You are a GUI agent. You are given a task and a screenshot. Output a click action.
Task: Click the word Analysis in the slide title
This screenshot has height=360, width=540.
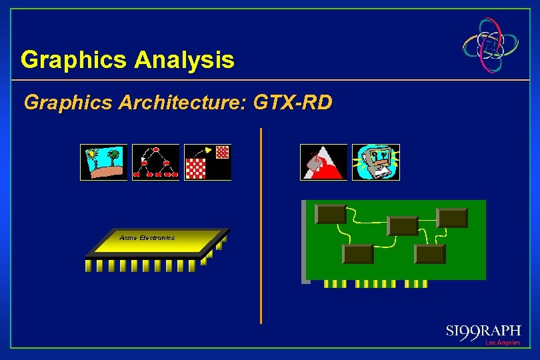pos(184,60)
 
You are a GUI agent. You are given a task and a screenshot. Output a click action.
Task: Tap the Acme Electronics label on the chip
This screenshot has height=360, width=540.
pos(147,237)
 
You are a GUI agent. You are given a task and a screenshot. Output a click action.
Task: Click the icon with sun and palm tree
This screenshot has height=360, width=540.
pos(103,162)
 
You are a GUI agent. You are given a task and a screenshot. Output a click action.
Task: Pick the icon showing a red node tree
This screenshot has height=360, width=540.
pos(155,162)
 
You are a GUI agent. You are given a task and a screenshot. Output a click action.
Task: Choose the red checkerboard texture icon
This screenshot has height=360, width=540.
pos(207,162)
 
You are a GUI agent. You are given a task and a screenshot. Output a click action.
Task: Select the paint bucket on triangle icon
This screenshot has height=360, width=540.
pos(323,162)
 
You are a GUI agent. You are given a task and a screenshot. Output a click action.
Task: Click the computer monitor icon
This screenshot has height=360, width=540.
pos(375,162)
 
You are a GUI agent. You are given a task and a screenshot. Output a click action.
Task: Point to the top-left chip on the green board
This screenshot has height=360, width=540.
pos(331,214)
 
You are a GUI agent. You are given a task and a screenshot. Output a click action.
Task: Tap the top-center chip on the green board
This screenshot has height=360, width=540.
pos(403,226)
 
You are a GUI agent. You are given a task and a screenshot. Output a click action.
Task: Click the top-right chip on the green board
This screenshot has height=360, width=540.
pos(452,218)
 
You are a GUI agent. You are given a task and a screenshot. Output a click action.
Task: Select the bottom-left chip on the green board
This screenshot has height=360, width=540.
pos(357,254)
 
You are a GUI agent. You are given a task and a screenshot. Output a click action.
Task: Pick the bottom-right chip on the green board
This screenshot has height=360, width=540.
pos(429,254)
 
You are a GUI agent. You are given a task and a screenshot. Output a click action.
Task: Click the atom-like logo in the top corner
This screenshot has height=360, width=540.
pos(491,45)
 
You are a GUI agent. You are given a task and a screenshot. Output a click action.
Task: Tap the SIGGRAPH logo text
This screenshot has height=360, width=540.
pos(483,331)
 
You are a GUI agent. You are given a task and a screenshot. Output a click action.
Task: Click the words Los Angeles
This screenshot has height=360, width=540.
pos(502,343)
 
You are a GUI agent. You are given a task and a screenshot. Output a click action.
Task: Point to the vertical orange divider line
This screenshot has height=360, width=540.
pos(261,227)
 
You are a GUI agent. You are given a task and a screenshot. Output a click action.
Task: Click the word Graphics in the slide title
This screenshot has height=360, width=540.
pos(74,60)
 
